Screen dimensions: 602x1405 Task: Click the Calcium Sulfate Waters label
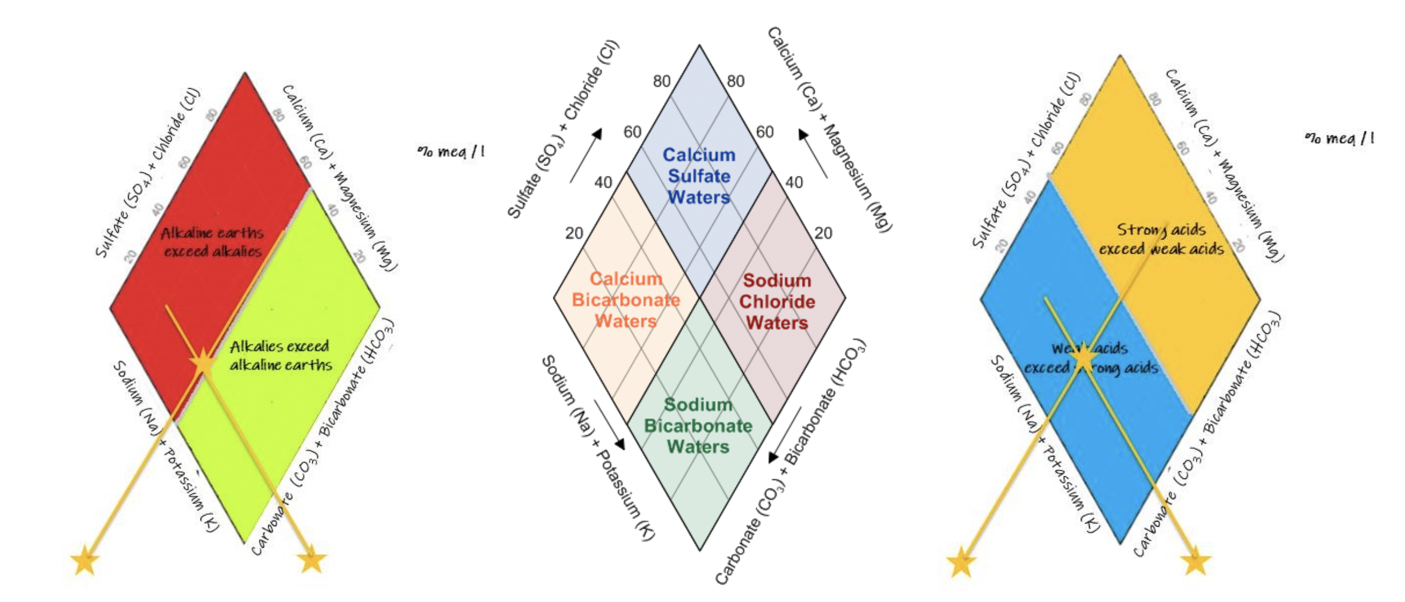(699, 175)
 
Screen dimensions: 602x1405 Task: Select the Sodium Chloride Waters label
(777, 301)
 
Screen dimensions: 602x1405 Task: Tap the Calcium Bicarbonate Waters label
(626, 299)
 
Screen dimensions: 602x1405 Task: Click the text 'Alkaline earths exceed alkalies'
(212, 242)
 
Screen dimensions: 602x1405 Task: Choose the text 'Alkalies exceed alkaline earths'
(280, 355)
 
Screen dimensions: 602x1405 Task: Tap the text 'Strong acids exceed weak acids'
(1161, 239)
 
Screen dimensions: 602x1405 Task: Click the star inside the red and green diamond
(203, 360)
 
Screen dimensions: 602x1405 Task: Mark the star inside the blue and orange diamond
(1083, 358)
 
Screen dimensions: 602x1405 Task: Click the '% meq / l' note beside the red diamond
(451, 151)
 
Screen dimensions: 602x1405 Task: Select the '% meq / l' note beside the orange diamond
(1339, 138)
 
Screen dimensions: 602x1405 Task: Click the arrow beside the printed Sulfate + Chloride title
(586, 155)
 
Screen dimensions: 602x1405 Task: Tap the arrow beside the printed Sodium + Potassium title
(610, 425)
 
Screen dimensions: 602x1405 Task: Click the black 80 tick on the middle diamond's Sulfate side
(661, 81)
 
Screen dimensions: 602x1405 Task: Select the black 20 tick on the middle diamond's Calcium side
(823, 233)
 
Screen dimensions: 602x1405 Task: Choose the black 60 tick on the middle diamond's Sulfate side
(632, 132)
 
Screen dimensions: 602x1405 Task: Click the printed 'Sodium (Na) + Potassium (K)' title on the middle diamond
(598, 448)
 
